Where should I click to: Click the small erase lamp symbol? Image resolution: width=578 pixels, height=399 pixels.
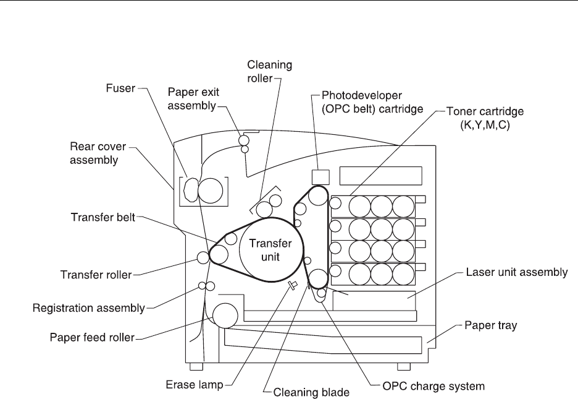coord(293,285)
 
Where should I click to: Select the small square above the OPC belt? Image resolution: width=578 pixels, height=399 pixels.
coord(319,176)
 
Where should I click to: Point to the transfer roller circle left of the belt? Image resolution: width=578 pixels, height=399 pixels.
coord(203,257)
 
